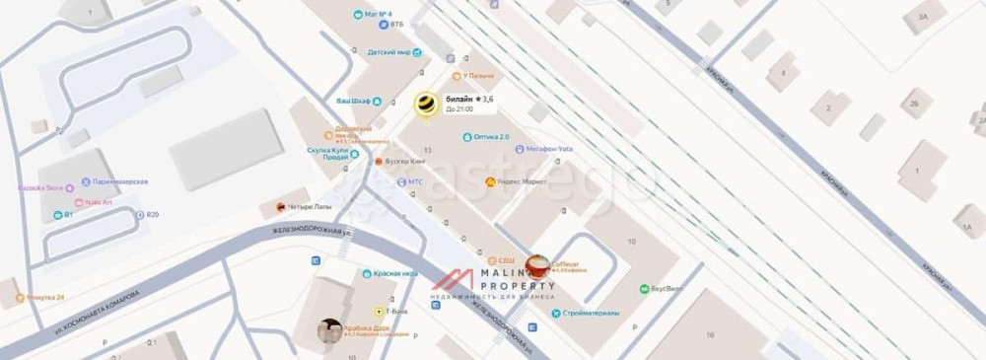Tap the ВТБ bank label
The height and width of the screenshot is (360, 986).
(396, 24)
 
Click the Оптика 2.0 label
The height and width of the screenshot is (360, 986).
(491, 137)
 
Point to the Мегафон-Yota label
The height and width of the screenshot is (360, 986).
(548, 149)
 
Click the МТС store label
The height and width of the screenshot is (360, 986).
(415, 182)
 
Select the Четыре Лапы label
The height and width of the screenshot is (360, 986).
(306, 207)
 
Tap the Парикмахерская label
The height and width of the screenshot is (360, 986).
(119, 182)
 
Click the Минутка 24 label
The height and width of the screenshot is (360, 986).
(45, 297)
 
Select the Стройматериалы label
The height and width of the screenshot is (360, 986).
(592, 314)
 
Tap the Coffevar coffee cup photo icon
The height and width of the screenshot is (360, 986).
(537, 265)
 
